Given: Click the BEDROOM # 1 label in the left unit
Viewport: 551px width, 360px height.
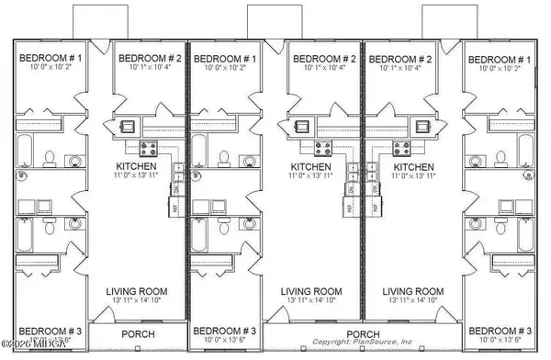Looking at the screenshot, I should pos(51,59).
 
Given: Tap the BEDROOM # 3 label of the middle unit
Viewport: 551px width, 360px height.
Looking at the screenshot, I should pos(225,330).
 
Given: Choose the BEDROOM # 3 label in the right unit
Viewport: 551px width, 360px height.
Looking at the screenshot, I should pos(499,330).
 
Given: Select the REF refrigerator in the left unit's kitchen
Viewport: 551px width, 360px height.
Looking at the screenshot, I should pos(177,208).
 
